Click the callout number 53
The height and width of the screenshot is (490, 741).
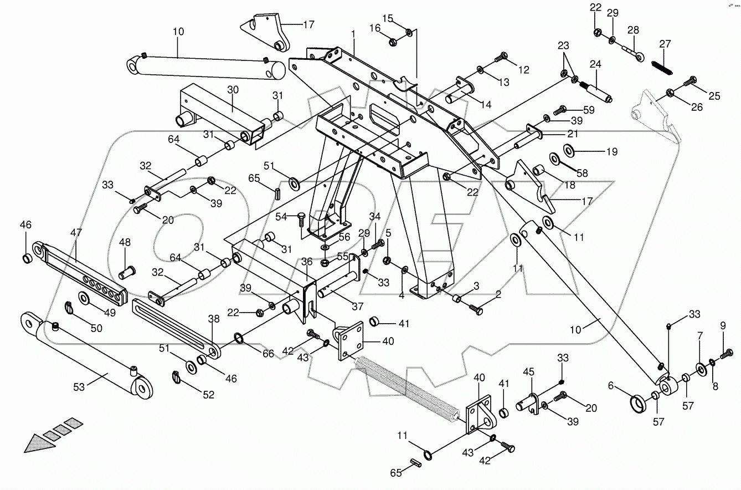point(79,386)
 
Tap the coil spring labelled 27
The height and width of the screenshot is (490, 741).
point(665,65)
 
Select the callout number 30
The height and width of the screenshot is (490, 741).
point(233,90)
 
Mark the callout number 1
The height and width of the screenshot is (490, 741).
point(353,34)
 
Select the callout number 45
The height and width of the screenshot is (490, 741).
point(529,371)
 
